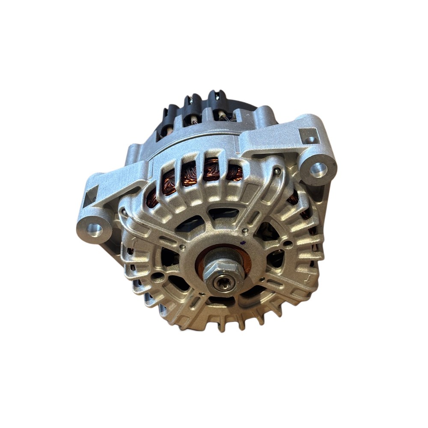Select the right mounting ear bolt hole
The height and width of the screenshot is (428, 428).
318,169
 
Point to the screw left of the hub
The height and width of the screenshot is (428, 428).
183,247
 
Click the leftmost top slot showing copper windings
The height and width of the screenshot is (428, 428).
168,180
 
